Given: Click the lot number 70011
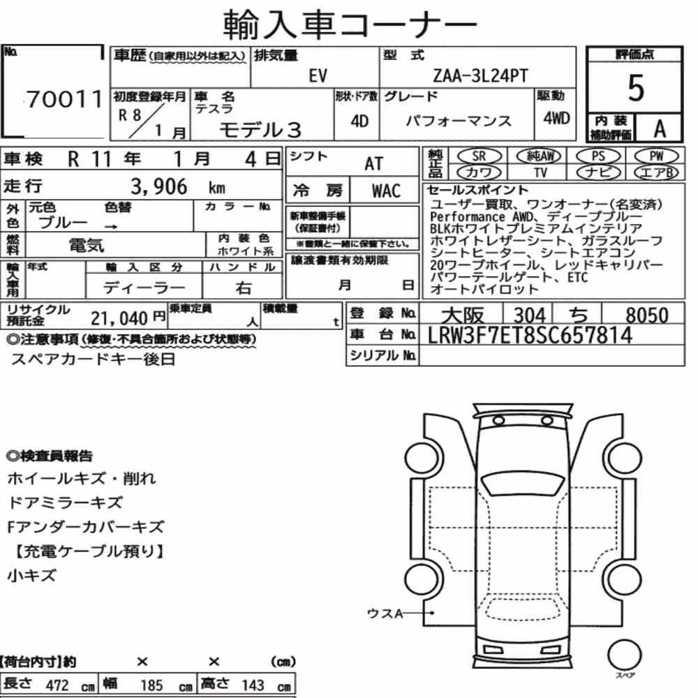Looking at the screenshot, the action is pyautogui.click(x=64, y=99).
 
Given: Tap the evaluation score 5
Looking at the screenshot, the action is pyautogui.click(x=636, y=88).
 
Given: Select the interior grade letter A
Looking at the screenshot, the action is pyautogui.click(x=660, y=129).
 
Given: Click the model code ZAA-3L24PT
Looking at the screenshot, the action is pyautogui.click(x=480, y=75).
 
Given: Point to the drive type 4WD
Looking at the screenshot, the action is pyautogui.click(x=556, y=118).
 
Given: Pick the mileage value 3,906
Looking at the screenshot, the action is pyautogui.click(x=159, y=186).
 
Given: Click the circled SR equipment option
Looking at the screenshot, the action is pyautogui.click(x=479, y=156).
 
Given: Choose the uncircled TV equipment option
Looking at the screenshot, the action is pyautogui.click(x=540, y=172).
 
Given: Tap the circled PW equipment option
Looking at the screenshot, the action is pyautogui.click(x=656, y=156).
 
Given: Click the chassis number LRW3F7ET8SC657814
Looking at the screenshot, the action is pyautogui.click(x=530, y=335).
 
